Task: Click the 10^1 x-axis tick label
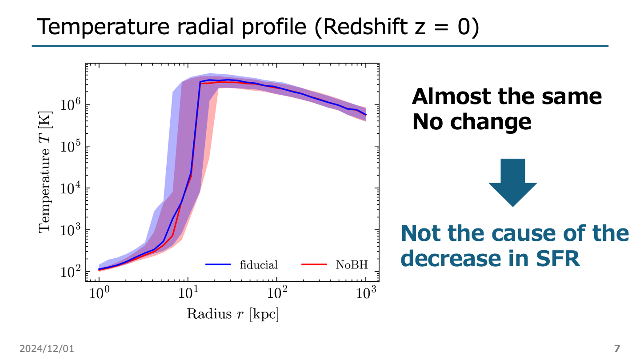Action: click(188, 293)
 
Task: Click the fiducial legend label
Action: click(259, 265)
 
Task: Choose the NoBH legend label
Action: click(352, 265)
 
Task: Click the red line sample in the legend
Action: click(315, 265)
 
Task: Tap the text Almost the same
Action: click(507, 96)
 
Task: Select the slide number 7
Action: click(616, 348)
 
